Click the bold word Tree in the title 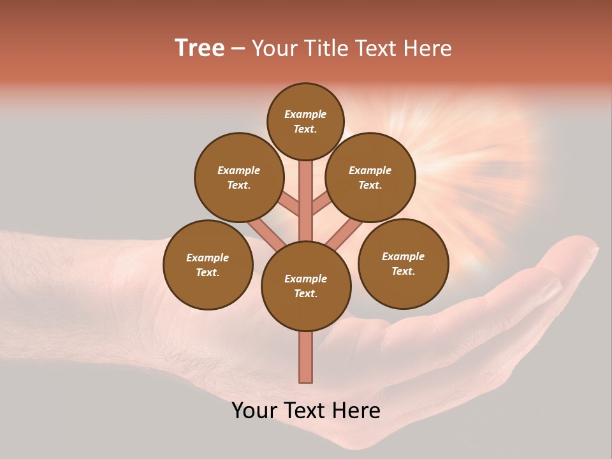click(x=200, y=48)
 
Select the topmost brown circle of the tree click(x=305, y=121)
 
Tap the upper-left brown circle click(x=239, y=177)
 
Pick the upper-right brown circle click(x=370, y=177)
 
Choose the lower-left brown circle click(x=208, y=265)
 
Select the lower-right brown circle click(x=403, y=263)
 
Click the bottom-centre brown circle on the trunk click(x=306, y=286)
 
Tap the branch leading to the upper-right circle click(x=321, y=205)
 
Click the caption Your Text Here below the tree click(x=306, y=410)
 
